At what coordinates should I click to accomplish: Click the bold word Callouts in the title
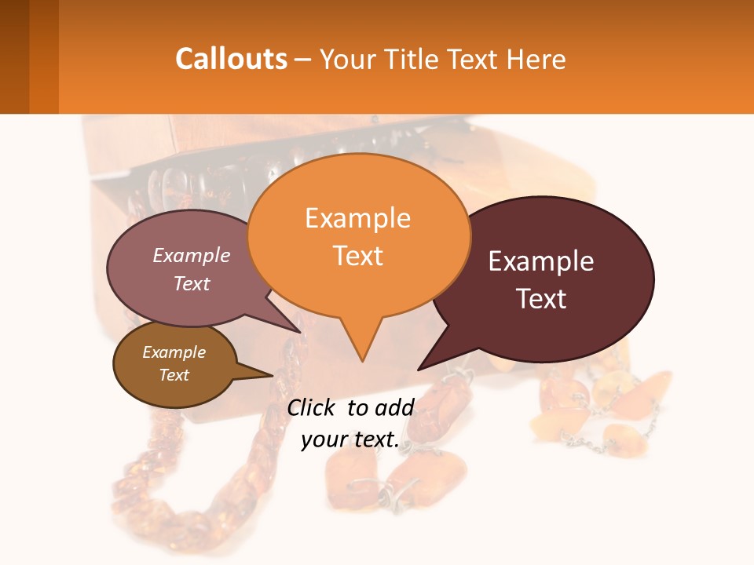coord(231,59)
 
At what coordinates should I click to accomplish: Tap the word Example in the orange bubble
coord(357,218)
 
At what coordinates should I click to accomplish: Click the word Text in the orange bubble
coord(357,255)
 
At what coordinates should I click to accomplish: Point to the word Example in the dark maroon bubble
coord(541,261)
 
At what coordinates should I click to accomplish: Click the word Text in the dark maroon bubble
coord(541,299)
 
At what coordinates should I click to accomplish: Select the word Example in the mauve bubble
coord(191,256)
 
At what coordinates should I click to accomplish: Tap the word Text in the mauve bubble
coord(191,284)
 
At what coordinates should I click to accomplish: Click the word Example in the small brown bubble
coord(174,352)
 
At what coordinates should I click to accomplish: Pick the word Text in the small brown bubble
coord(174,375)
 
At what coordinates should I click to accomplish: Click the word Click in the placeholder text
coord(312,407)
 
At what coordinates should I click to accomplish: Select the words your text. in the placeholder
coord(350,440)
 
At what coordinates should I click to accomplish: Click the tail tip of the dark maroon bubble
coord(419,368)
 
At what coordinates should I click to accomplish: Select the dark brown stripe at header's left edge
coord(14,56)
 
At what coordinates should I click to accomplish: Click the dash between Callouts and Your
coord(303,60)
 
